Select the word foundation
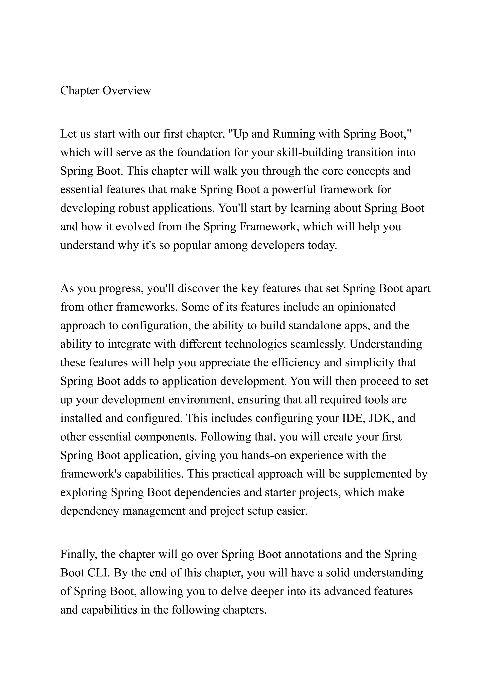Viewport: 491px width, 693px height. (204, 153)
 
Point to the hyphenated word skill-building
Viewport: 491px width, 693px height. (310, 153)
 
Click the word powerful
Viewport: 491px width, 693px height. (294, 190)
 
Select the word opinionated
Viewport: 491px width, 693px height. (366, 307)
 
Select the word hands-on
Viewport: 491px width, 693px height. (264, 455)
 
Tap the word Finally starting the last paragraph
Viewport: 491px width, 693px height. (79, 554)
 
